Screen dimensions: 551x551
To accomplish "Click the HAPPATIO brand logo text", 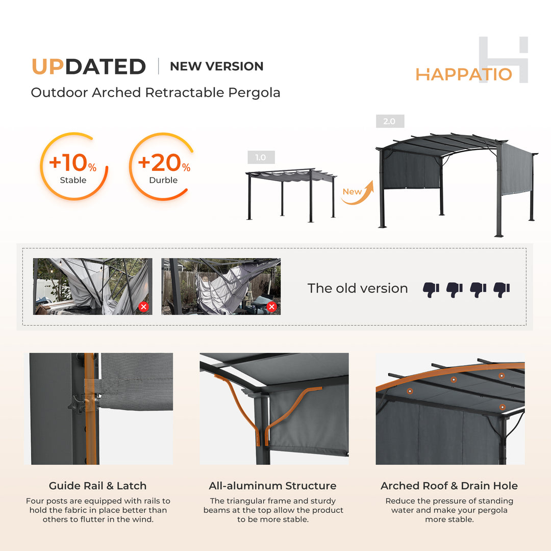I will click(463, 74).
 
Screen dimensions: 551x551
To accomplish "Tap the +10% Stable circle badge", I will click(73, 166).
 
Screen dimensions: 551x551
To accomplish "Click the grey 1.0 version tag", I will click(261, 157).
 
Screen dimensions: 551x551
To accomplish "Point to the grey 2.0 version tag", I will click(390, 121).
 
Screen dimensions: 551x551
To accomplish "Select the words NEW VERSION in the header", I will click(217, 66).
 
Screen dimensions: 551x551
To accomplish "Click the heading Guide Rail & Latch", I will click(97, 486).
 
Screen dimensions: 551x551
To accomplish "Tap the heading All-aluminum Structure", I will click(272, 486).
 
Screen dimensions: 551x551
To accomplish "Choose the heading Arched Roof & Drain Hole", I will click(449, 486).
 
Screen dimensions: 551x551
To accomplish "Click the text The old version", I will click(357, 288).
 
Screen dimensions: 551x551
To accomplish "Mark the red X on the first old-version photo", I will click(143, 307).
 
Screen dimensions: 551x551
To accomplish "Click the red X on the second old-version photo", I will click(271, 307).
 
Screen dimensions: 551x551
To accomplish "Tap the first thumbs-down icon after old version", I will click(431, 289).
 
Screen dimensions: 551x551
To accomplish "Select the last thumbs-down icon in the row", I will click(502, 289).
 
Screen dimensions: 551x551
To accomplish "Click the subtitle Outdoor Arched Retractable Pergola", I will click(156, 93).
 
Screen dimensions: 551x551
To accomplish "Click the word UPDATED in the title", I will click(89, 67).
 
